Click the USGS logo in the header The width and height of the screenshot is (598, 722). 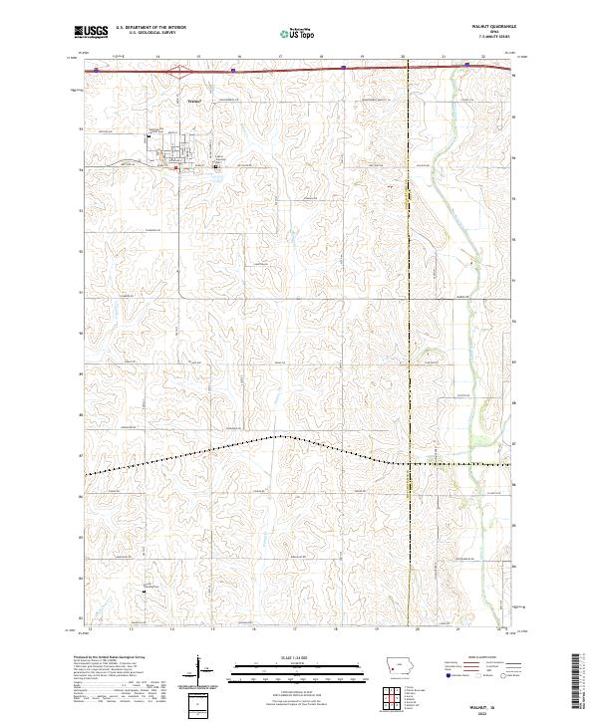91,32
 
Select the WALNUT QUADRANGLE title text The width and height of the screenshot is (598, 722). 490,28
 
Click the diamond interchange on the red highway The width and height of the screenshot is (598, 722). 179,71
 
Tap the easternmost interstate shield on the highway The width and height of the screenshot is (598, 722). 466,65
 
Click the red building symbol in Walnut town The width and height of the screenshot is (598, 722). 177,168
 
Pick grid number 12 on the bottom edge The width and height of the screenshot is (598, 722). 90,629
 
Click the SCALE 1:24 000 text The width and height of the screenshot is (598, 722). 284,657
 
